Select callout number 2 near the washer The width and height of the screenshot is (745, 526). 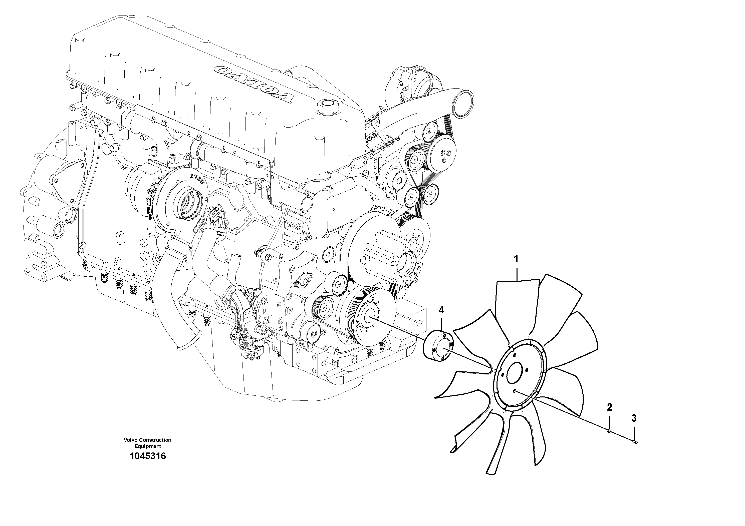609,407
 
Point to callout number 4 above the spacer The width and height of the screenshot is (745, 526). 441,310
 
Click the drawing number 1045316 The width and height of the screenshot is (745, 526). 148,456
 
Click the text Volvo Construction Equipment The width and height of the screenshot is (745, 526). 147,443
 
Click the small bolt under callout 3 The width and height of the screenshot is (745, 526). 635,442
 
